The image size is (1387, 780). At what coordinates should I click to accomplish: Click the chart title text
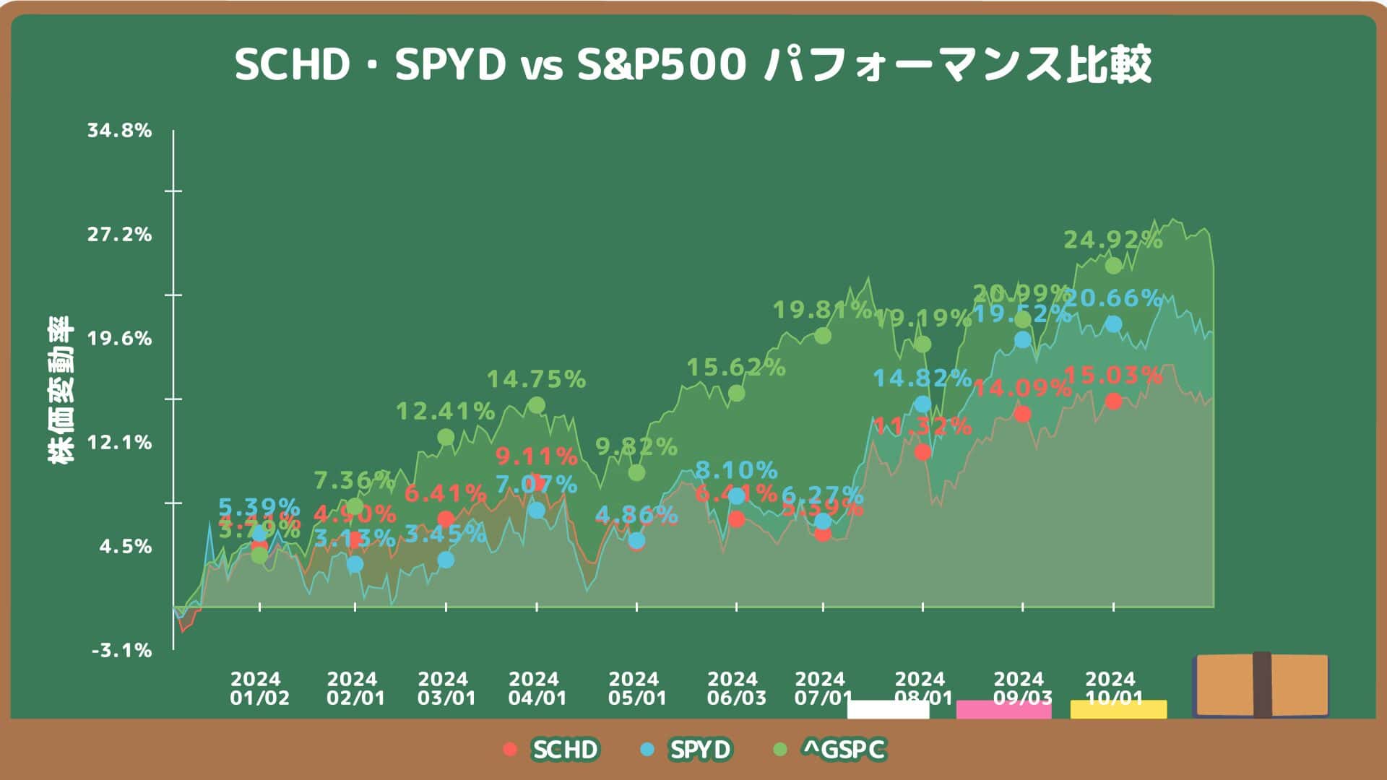click(x=693, y=65)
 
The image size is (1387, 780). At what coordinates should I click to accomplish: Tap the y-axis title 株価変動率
click(x=61, y=390)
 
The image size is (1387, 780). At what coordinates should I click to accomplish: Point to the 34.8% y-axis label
click(x=120, y=131)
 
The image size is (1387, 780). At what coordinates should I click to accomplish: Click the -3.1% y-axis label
click(x=122, y=651)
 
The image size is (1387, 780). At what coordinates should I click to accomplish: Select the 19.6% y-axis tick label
click(x=120, y=339)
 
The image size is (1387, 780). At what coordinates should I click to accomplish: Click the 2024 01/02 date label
click(x=259, y=689)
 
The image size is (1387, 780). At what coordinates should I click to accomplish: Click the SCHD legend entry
click(x=552, y=750)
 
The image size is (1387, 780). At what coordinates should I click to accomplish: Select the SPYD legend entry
click(x=687, y=750)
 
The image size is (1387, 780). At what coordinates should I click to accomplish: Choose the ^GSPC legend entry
click(x=831, y=750)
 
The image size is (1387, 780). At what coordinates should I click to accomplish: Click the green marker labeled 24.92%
click(x=1114, y=266)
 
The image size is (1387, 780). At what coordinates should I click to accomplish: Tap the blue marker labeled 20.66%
click(x=1114, y=324)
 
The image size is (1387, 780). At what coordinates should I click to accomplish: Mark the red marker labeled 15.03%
click(x=1114, y=401)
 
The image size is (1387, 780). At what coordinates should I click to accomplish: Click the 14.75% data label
click(x=536, y=379)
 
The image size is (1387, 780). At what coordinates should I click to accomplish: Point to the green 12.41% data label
click(x=445, y=412)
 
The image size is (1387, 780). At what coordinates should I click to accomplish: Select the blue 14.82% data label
click(x=922, y=378)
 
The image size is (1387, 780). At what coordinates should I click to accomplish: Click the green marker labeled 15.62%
click(x=736, y=393)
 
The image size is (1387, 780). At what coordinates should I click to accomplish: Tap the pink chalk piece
click(x=1003, y=709)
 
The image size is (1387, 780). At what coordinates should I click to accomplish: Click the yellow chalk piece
click(x=1118, y=709)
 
